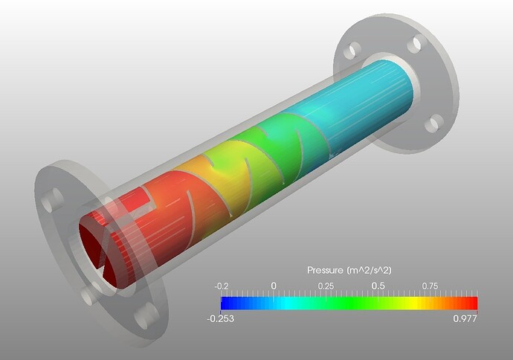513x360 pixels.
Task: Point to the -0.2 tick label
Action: (x=221, y=286)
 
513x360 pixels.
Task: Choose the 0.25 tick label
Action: (x=325, y=286)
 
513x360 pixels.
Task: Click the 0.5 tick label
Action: (x=378, y=286)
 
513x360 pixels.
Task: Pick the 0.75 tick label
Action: (x=430, y=286)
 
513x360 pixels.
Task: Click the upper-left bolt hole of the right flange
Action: (x=355, y=49)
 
